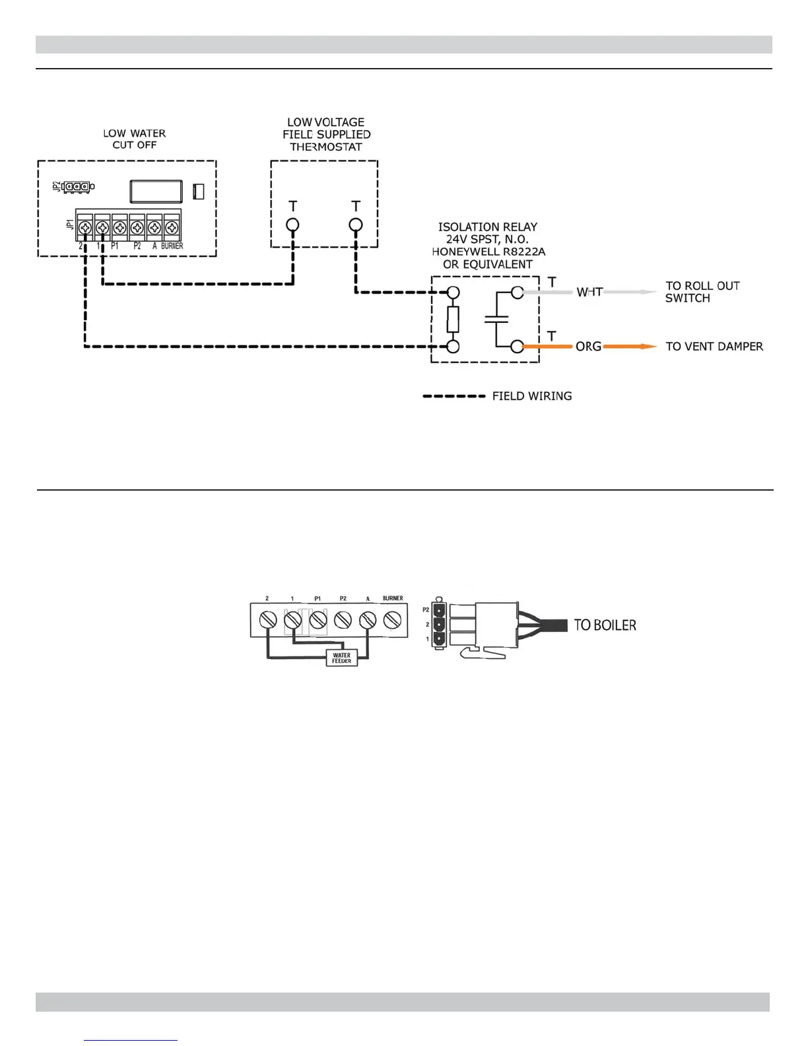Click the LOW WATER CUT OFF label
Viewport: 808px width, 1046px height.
pyautogui.click(x=134, y=139)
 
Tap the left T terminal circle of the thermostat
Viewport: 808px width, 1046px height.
pyautogui.click(x=292, y=225)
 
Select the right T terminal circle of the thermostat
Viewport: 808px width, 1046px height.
pyautogui.click(x=356, y=225)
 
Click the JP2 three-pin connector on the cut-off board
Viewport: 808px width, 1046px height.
pyautogui.click(x=79, y=187)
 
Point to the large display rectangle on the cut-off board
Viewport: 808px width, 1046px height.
pyautogui.click(x=156, y=191)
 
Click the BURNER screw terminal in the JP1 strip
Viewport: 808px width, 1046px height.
pyautogui.click(x=172, y=228)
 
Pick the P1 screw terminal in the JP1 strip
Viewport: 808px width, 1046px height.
pyautogui.click(x=119, y=228)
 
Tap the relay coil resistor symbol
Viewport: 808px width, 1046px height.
pyautogui.click(x=453, y=319)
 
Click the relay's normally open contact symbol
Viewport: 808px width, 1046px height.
pyautogui.click(x=496, y=319)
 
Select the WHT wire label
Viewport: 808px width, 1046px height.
pyautogui.click(x=589, y=292)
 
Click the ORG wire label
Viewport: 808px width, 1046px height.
pyautogui.click(x=588, y=346)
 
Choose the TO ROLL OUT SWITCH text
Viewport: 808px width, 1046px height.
pyautogui.click(x=702, y=292)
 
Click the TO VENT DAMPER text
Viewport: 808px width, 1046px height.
pyautogui.click(x=714, y=346)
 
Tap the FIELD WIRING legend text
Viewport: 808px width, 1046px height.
pyautogui.click(x=532, y=396)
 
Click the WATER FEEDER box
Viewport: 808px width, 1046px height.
pyautogui.click(x=341, y=658)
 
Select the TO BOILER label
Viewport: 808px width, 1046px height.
pyautogui.click(x=605, y=625)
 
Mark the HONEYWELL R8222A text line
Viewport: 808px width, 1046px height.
pyautogui.click(x=488, y=252)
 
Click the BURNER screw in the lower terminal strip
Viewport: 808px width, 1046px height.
pyautogui.click(x=393, y=620)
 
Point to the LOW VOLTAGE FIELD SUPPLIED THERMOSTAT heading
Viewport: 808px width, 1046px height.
pyautogui.click(x=326, y=134)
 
